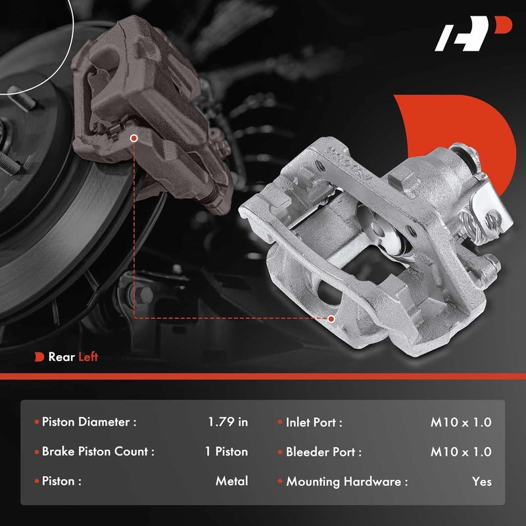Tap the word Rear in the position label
pos(60,357)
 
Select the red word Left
pos(88,357)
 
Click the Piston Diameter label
pos(89,422)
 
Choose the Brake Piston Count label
pos(98,452)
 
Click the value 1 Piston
pos(226,452)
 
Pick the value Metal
pos(231,481)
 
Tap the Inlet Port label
pos(314,422)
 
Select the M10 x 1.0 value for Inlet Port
pos(461,422)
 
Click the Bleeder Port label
pos(323,452)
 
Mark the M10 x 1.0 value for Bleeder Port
pos(461,452)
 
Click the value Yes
pos(481,481)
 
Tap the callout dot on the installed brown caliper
pos(134,139)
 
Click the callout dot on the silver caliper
pos(331,319)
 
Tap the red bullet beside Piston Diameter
pos(36,422)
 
